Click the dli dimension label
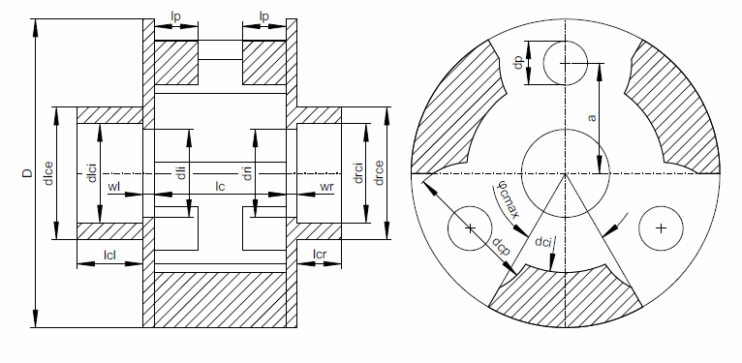tap(180, 174)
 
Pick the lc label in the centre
tap(221, 185)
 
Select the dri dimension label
tap(248, 174)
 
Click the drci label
tap(357, 174)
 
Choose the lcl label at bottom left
tap(109, 256)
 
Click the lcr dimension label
tap(321, 256)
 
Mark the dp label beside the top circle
tap(519, 63)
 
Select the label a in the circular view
tap(591, 118)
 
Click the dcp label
tap(500, 247)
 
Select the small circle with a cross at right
tap(661, 228)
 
